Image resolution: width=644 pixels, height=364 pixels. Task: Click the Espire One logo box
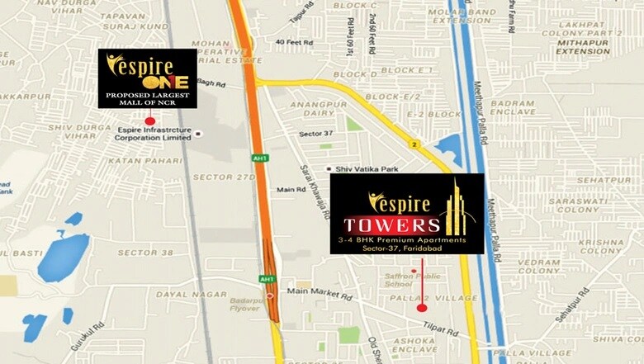148,78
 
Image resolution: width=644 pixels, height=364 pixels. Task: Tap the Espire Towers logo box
407,214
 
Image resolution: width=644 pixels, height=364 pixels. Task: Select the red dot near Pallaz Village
422,307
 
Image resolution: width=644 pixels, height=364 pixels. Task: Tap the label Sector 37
317,132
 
